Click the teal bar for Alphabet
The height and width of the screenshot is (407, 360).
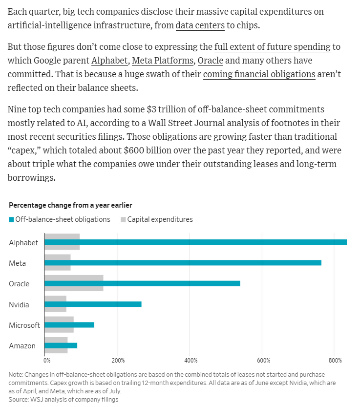coord(196,242)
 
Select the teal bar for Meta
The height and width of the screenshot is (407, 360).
coord(183,263)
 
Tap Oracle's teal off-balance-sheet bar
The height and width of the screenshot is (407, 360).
coord(142,283)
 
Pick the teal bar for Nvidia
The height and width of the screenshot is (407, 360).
coord(93,304)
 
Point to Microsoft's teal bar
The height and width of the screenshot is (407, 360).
coord(69,325)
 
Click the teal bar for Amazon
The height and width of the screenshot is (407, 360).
coord(61,345)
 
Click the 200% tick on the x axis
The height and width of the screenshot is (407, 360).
coord(118,361)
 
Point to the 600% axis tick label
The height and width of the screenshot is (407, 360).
coord(263,361)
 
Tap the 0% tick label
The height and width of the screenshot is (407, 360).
coord(47,361)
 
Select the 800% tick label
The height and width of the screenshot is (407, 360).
coord(335,361)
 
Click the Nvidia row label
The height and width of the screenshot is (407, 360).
coord(19,304)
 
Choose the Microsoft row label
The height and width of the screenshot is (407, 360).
coord(24,325)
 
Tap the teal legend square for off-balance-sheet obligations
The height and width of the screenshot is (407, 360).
coord(11,219)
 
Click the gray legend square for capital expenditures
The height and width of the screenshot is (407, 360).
coord(123,219)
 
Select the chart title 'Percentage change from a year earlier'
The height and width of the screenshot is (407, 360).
coord(71,205)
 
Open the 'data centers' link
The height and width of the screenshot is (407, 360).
coord(200,25)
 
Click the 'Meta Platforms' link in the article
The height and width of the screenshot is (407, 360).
coord(163,61)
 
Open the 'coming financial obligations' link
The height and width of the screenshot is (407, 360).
coord(259,74)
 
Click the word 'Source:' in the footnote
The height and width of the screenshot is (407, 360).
coord(19,400)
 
